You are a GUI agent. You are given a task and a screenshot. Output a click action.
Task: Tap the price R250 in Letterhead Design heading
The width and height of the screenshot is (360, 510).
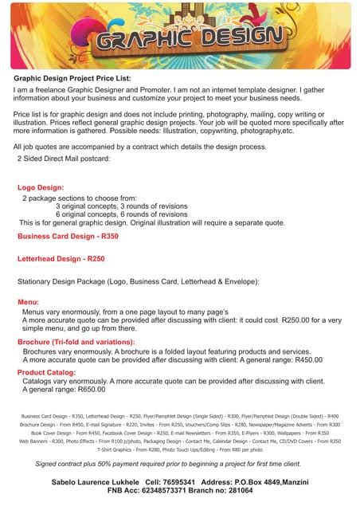(96, 259)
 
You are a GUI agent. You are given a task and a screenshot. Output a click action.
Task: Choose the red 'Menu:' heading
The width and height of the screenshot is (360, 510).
(28, 303)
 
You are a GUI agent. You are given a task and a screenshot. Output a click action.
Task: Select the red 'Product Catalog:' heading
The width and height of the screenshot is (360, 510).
(46, 372)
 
